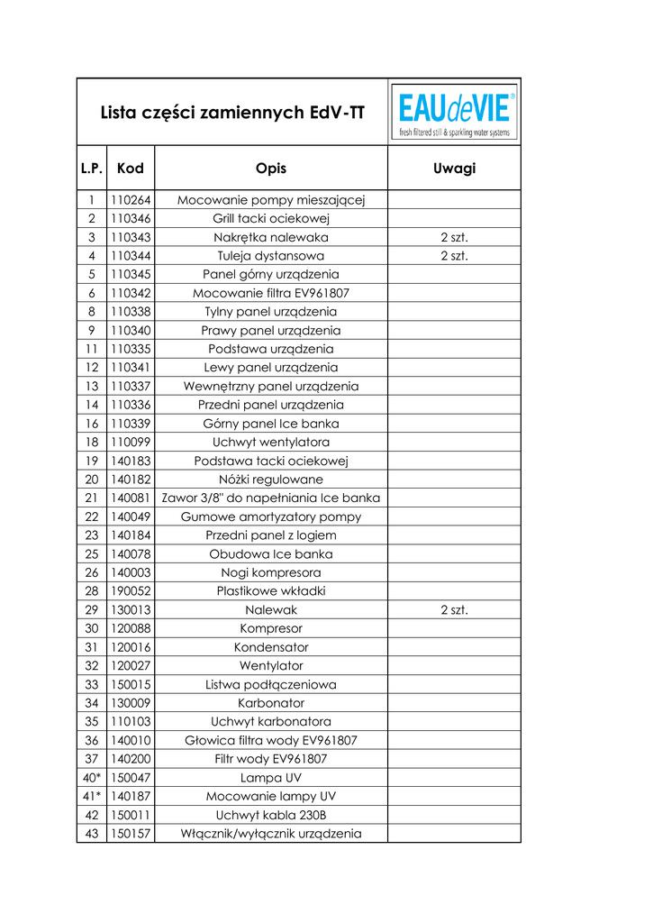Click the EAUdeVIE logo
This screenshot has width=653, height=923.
454,113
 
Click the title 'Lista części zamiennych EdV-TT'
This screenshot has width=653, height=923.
232,114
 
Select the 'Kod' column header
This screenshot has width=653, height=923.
130,169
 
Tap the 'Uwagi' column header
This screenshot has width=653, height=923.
454,169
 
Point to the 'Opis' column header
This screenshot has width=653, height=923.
271,169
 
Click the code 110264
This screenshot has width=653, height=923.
130,200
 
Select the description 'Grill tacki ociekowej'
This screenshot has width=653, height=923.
271,219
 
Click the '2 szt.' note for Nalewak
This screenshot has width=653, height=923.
454,610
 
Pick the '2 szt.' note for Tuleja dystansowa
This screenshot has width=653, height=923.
454,256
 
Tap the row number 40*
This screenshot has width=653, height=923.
92,778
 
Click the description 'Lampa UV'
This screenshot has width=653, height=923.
271,778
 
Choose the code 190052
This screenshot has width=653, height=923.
130,591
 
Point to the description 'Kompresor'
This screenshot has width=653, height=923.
271,629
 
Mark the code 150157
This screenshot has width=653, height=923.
130,834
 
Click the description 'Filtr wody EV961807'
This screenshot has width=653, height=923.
271,759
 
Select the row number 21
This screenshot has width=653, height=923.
92,498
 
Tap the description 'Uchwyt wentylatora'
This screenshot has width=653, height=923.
271,443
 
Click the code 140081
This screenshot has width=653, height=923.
130,498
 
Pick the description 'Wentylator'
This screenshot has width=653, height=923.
271,666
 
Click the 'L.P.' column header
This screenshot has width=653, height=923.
92,169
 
